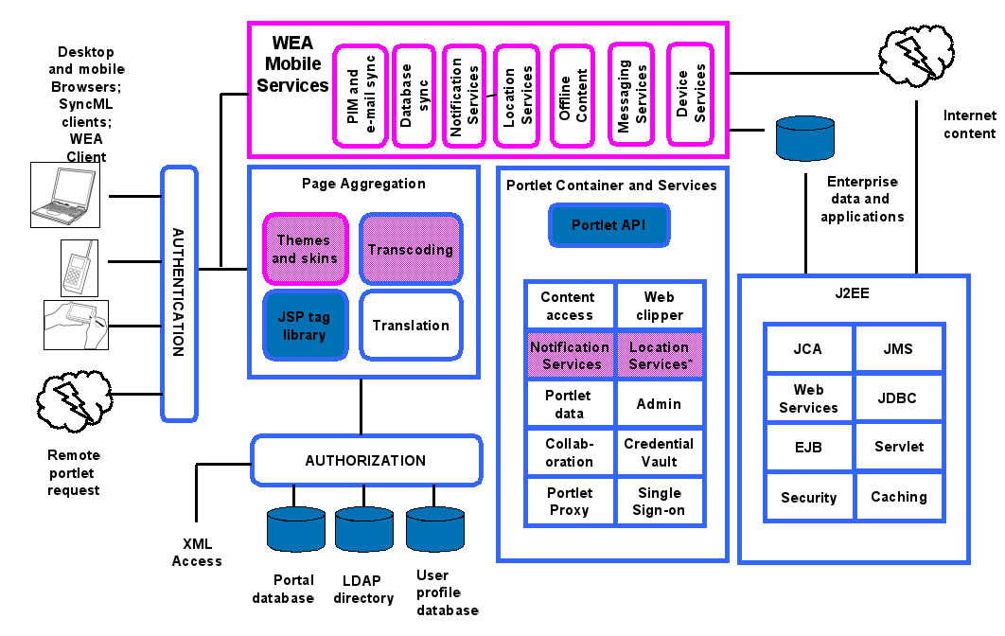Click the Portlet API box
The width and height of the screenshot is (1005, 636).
click(609, 225)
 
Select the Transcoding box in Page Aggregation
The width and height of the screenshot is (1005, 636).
click(411, 250)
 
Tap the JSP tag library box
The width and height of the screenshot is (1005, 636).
click(305, 326)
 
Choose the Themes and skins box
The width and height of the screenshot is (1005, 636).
click(305, 250)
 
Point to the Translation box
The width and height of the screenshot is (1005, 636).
click(411, 326)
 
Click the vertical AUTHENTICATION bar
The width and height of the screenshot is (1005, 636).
click(178, 293)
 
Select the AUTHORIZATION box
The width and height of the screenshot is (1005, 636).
click(365, 460)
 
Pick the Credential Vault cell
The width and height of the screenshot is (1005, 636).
click(659, 452)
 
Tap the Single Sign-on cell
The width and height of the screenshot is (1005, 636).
click(659, 502)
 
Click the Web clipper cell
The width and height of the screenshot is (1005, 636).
click(659, 306)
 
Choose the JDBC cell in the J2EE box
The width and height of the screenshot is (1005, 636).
click(897, 398)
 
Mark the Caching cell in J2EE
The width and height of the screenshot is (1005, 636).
click(899, 497)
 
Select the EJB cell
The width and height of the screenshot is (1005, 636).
click(808, 447)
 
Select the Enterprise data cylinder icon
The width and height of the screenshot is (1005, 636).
click(804, 139)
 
